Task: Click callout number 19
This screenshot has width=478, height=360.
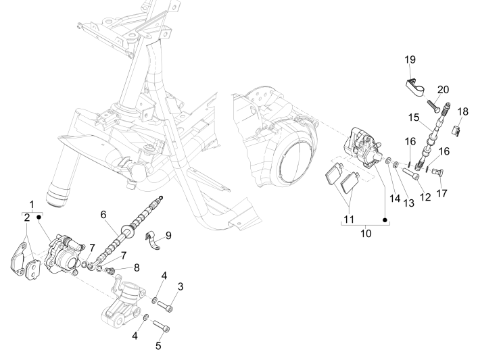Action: click(410, 59)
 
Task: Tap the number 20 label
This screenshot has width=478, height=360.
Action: click(443, 89)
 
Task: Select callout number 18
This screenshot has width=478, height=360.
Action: click(462, 111)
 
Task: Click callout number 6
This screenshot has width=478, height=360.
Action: click(103, 214)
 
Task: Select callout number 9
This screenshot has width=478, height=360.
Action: click(168, 235)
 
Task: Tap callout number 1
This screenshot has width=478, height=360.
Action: click(30, 204)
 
